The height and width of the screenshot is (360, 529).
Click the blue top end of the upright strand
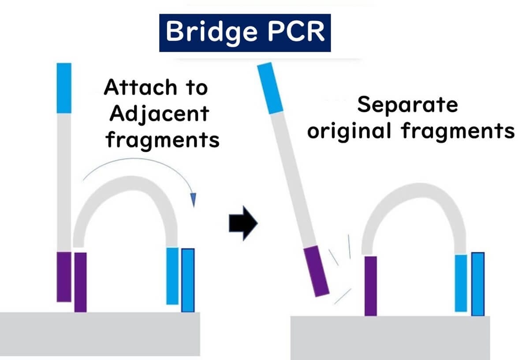[x=64, y=88]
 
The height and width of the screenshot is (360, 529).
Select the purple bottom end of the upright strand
[x=64, y=277]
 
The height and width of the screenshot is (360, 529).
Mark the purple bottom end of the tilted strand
[x=316, y=271]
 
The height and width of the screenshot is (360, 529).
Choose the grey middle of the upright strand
[x=64, y=181]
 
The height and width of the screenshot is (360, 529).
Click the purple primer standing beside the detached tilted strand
[x=371, y=286]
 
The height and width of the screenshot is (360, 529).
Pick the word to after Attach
[x=196, y=88]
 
